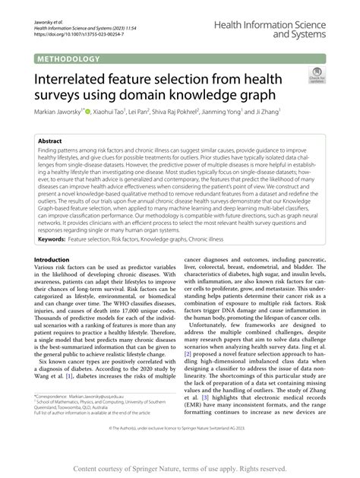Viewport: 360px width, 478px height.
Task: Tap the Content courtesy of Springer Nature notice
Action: coord(179,468)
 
